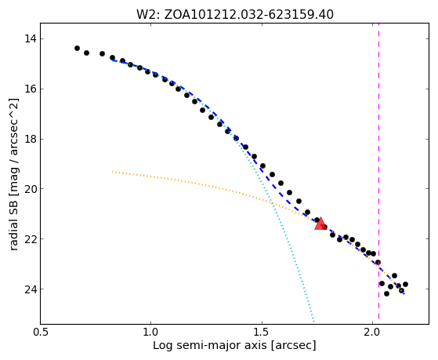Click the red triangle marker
320,224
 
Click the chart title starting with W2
234,15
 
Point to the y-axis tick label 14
30,38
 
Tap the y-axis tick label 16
30,89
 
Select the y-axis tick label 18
30,139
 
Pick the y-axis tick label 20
30,189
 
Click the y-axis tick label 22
30,239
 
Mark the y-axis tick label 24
30,289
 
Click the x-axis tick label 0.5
41,333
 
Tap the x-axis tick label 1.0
151,333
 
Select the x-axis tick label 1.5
262,333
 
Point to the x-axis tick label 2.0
373,333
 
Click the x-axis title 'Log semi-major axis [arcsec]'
234,346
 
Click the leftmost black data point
77,49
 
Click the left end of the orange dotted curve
112,172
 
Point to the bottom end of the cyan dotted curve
313,321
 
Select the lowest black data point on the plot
386,293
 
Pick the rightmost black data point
405,284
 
